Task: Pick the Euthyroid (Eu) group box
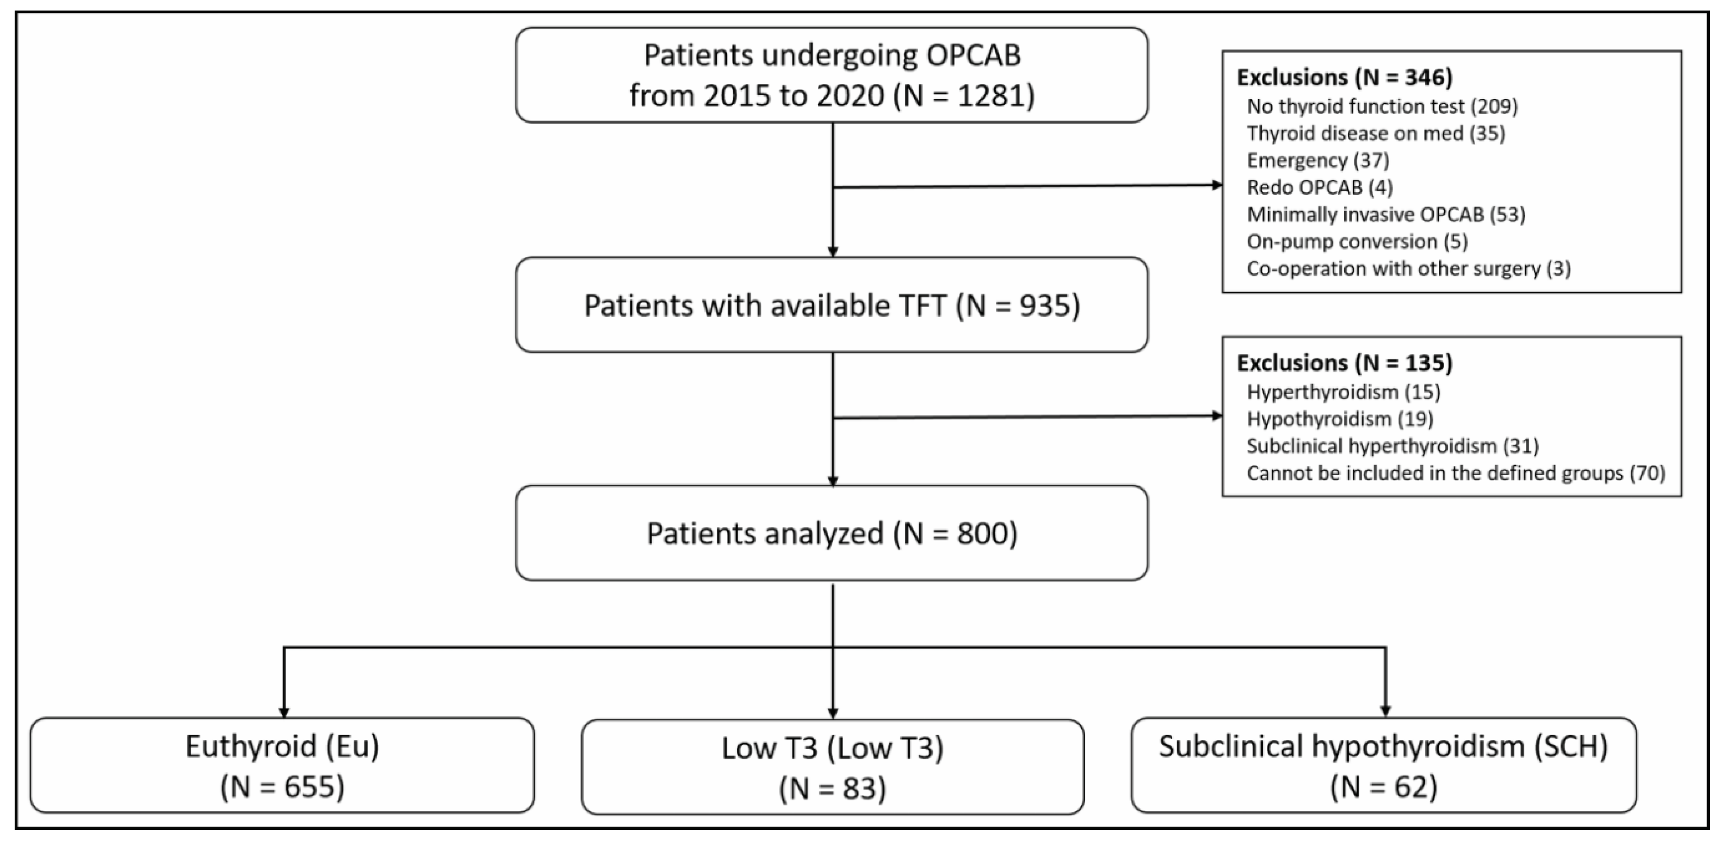click(x=282, y=765)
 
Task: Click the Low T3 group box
click(x=832, y=767)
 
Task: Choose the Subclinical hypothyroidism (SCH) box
click(x=1384, y=765)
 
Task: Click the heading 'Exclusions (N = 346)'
click(x=1344, y=77)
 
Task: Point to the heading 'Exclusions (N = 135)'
click(x=1344, y=363)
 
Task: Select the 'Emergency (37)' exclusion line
click(x=1317, y=160)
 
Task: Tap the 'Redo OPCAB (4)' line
click(x=1320, y=187)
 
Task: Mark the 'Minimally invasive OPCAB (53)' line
click(x=1385, y=214)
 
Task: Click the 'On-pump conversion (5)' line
click(x=1357, y=241)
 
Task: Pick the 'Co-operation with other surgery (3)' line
click(x=1408, y=269)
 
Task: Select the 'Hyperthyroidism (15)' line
click(x=1343, y=391)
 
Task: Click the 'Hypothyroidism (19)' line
click(x=1339, y=419)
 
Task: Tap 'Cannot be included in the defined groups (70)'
click(x=1455, y=473)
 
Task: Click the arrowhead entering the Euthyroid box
click(x=284, y=712)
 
